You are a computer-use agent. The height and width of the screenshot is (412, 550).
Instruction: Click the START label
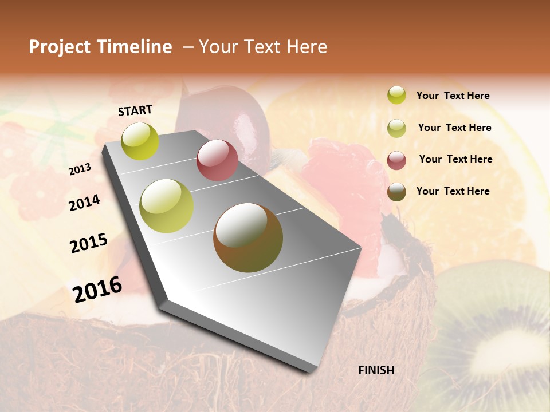coord(135,110)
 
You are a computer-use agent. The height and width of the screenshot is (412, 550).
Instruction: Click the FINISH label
coord(376,370)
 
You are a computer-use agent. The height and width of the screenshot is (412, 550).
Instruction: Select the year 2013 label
coord(80,169)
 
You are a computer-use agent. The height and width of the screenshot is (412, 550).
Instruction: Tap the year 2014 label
coord(84,203)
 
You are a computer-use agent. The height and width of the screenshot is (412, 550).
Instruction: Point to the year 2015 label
coord(89,243)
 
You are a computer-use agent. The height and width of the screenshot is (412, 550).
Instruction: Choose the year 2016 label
coord(97,289)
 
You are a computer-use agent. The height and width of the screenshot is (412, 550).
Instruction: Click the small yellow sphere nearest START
coord(140,141)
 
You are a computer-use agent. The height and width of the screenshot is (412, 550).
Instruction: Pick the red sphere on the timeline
coord(217,160)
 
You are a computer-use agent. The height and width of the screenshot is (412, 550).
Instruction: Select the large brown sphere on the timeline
coord(248,237)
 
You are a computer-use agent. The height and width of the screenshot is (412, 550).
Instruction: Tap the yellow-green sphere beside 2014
coord(167,206)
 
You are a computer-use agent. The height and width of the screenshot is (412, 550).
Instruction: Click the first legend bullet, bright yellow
coord(396,95)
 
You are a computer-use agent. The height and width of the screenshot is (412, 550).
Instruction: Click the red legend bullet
coord(396,160)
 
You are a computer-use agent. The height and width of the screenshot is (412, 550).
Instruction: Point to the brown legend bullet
coord(396,192)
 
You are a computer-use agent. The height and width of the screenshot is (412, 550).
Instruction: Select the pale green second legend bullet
coord(396,128)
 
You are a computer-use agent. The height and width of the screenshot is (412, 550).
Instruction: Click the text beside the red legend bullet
coord(455,159)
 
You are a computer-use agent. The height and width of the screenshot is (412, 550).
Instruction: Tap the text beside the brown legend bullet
coord(453,191)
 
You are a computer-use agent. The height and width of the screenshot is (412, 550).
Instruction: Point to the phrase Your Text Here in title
coord(262,47)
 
